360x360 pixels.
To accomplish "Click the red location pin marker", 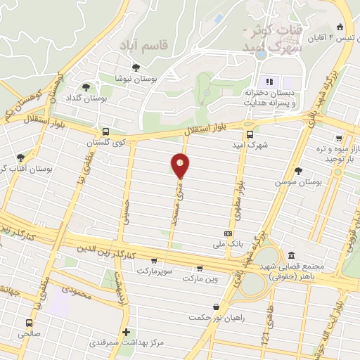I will tap(180, 165).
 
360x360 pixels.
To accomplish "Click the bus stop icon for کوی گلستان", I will tap(105, 131).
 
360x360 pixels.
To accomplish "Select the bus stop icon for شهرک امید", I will tap(250, 134).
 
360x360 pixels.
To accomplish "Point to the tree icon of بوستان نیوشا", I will tap(136, 67).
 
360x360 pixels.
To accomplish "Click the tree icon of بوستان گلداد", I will tap(86, 87).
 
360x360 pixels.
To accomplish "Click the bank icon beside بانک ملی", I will tap(228, 233).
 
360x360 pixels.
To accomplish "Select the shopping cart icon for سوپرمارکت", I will tap(154, 260).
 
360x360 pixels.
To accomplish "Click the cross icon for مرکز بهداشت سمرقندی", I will tap(126, 332).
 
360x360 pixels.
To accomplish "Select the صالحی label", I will tap(29, 335).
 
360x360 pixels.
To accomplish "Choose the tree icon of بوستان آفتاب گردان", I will tap(20, 157).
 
